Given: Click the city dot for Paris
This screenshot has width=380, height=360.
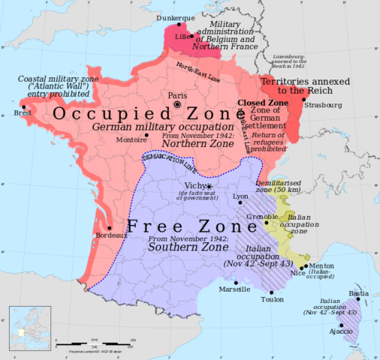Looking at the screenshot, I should click(x=176, y=105).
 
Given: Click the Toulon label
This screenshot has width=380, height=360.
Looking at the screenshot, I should click(x=273, y=300).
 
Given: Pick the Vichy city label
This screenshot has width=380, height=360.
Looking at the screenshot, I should click(x=194, y=186).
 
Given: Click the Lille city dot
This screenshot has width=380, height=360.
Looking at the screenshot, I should click(x=192, y=35).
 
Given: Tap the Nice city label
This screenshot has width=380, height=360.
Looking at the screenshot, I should click(x=298, y=274).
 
